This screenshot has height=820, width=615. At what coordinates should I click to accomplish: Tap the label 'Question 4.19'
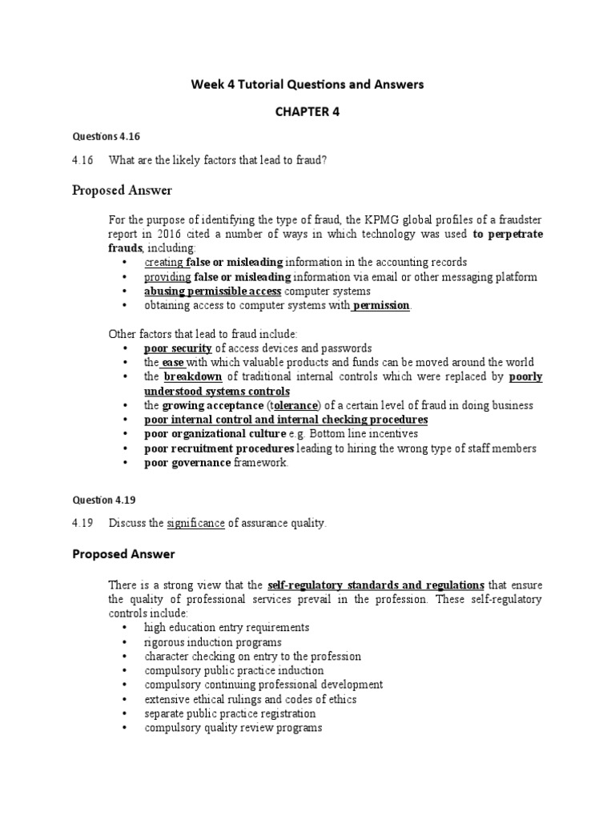pyautogui.click(x=103, y=500)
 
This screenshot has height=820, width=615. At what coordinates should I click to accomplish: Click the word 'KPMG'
pyautogui.click(x=364, y=219)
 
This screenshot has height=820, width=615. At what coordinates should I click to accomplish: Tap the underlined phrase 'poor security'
pyautogui.click(x=178, y=348)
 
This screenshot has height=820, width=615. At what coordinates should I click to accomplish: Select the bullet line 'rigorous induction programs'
pyautogui.click(x=212, y=642)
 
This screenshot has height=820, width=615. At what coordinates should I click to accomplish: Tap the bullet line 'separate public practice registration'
pyautogui.click(x=230, y=713)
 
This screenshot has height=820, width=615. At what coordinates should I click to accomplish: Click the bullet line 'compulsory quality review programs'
pyautogui.click(x=233, y=728)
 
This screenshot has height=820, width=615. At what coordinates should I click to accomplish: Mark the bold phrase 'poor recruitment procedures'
pyautogui.click(x=219, y=448)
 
